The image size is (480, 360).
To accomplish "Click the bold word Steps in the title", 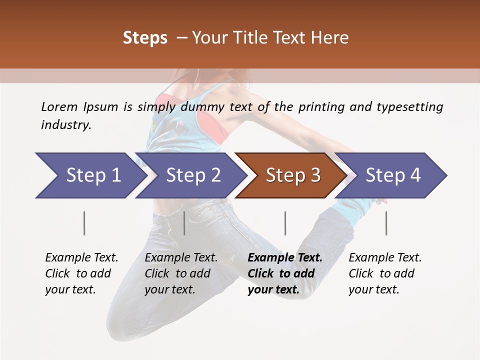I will point(145,38).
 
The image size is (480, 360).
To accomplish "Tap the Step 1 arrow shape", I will point(90,175).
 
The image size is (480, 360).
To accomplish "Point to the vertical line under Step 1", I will point(84,223).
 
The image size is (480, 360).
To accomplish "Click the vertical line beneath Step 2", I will point(184,223).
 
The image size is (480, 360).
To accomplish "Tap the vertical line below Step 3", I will point(285,223).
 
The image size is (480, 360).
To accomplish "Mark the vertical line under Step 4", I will point(386,223).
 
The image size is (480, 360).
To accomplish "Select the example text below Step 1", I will point(81,273).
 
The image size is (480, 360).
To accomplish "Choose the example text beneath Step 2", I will point(181,273).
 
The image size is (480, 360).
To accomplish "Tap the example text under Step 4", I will point(385,273).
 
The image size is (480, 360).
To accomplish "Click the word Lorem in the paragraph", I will point(59,106).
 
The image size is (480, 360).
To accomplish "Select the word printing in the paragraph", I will point(326,107).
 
